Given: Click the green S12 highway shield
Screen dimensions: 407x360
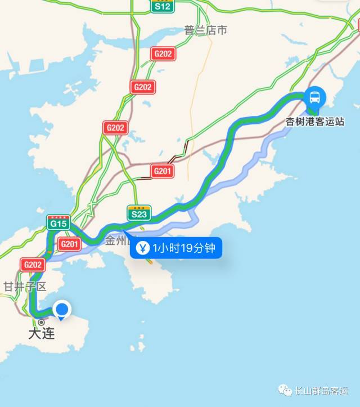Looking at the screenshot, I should point(163,6).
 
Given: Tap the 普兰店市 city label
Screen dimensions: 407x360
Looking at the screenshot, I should point(205,30).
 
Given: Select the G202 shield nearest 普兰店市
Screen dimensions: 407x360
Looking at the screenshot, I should point(163,53).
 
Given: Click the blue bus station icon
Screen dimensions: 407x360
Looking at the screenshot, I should point(314,97).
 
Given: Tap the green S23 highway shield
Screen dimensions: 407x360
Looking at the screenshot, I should point(139,213).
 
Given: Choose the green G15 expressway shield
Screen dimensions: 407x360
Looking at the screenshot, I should point(58,222).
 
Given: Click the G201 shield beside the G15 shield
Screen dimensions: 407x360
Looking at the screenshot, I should point(69,244).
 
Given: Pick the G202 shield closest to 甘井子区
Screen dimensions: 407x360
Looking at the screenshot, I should point(33,264).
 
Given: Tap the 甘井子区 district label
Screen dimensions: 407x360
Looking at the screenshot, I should point(24,287).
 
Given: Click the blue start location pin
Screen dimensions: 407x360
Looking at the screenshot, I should point(62,310).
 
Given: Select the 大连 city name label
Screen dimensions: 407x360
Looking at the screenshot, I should point(42,333).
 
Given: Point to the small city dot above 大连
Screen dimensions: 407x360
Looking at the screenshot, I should point(40,322).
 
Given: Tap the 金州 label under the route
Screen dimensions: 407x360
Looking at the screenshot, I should point(117,241).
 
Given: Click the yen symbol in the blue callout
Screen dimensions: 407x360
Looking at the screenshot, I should point(143,248).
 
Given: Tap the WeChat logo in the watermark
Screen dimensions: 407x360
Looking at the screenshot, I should point(287,390).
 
